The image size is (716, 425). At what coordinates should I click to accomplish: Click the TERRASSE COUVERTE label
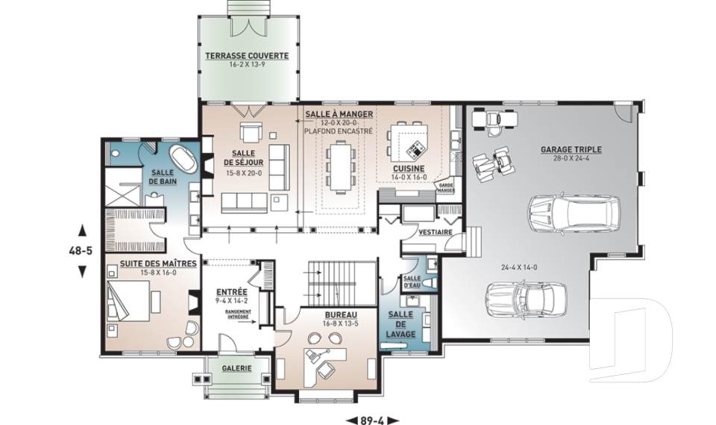click(247, 56)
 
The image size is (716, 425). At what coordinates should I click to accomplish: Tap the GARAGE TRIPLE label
click(571, 149)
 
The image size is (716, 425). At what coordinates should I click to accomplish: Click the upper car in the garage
click(575, 214)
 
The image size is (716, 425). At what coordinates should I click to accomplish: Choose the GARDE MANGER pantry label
click(446, 188)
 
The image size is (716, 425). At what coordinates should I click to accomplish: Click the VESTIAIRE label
click(435, 232)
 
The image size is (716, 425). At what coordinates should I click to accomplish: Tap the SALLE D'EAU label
click(412, 282)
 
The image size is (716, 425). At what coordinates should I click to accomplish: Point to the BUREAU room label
click(341, 315)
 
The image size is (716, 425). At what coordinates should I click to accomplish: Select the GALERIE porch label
click(236, 368)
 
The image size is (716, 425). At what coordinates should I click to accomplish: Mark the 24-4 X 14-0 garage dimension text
click(519, 267)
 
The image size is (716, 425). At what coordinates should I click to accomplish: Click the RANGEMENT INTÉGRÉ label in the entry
click(238, 314)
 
